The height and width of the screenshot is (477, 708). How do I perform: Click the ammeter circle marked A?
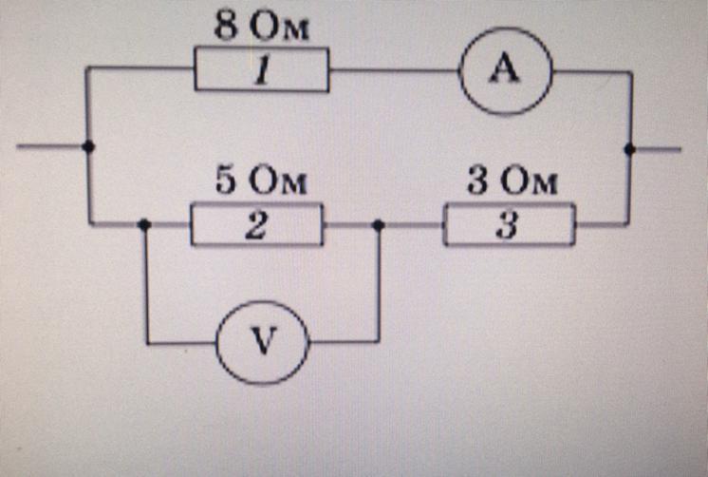pyautogui.click(x=506, y=71)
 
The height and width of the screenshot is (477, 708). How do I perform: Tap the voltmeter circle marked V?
pyautogui.click(x=263, y=341)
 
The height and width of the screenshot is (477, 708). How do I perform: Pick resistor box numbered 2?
pyautogui.click(x=256, y=225)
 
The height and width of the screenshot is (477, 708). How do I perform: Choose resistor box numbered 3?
pyautogui.click(x=510, y=226)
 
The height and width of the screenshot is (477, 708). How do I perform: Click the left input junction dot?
pyautogui.click(x=87, y=146)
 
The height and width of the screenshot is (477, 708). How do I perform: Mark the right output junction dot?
pyautogui.click(x=629, y=148)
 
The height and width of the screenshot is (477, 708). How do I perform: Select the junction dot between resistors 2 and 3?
pyautogui.click(x=379, y=225)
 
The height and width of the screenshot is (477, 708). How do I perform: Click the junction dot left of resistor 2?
pyautogui.click(x=144, y=225)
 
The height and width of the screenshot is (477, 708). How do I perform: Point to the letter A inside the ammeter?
pyautogui.click(x=506, y=71)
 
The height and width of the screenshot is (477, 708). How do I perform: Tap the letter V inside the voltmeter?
pyautogui.click(x=263, y=341)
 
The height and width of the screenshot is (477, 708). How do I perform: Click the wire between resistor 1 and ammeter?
pyautogui.click(x=394, y=71)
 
